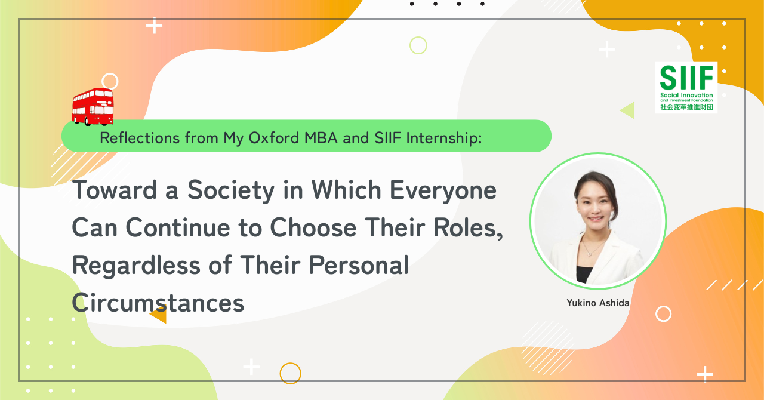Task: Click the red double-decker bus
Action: point(93,106)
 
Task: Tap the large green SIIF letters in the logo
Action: point(686,78)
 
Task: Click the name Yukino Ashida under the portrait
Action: point(598,303)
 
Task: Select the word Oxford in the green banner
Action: point(274,138)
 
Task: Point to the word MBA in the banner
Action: point(321,138)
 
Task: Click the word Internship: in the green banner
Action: point(443,139)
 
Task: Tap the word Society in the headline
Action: point(231,191)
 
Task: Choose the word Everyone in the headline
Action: point(443,191)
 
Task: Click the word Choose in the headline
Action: point(313,227)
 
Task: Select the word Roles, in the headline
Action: point(468,228)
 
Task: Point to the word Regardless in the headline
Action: point(136,265)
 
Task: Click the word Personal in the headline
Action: point(359,265)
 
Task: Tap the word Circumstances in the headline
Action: point(158,303)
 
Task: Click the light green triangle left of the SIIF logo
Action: point(629,110)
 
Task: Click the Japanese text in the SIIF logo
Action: point(686,107)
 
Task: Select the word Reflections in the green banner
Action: point(140,138)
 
